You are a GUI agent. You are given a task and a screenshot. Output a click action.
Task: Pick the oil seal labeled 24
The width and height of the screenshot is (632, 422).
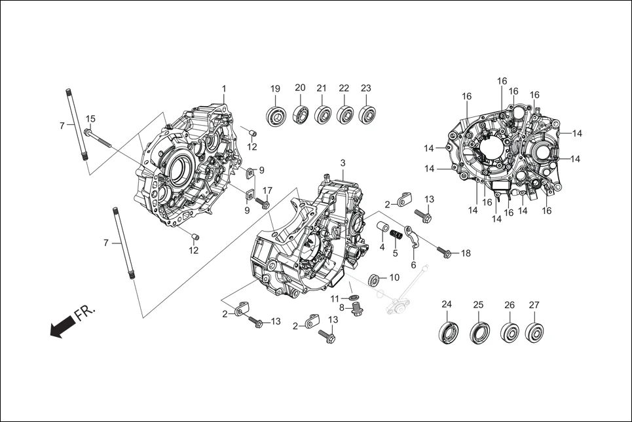pos(449,331)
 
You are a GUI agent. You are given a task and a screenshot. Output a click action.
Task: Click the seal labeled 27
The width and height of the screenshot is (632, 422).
pos(534,332)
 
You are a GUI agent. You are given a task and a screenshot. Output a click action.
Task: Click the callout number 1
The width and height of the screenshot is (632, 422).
pos(223,88)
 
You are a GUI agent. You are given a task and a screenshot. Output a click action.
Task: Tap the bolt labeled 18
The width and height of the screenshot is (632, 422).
pos(443,252)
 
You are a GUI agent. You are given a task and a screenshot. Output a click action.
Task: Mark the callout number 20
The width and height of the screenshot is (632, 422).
pos(300,88)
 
